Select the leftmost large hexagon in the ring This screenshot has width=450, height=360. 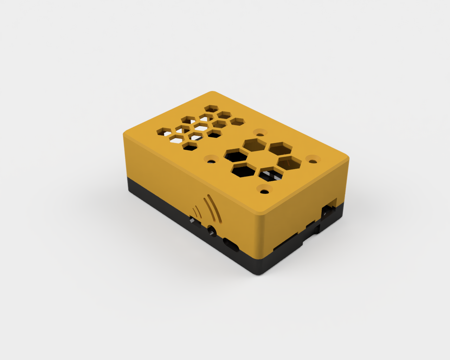pos(236,155)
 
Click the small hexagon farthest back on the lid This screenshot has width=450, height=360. pos(211,108)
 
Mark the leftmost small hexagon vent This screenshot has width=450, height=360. pos(164,131)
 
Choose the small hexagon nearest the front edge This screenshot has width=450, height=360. pos(190,146)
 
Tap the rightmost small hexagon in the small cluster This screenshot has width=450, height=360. pos(237,122)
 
